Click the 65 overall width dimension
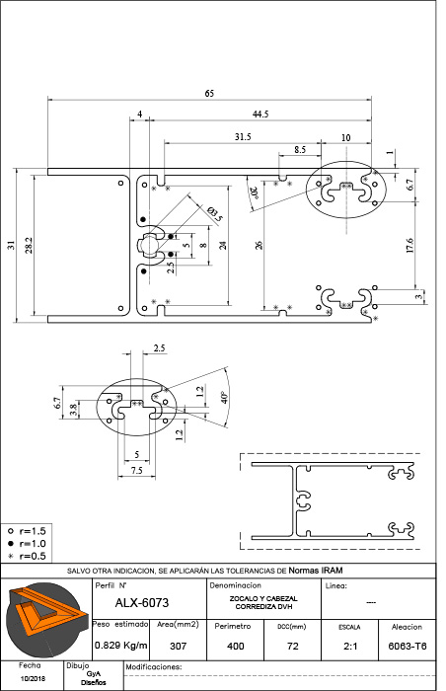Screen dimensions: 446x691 click(209, 94)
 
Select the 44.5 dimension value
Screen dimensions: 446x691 click(260, 115)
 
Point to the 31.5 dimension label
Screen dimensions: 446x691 click(243, 137)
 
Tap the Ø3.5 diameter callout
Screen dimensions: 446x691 click(215, 213)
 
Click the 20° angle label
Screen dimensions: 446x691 click(255, 193)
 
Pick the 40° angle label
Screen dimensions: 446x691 click(224, 397)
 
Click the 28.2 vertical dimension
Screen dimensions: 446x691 click(29, 245)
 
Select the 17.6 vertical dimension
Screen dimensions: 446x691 click(409, 245)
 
